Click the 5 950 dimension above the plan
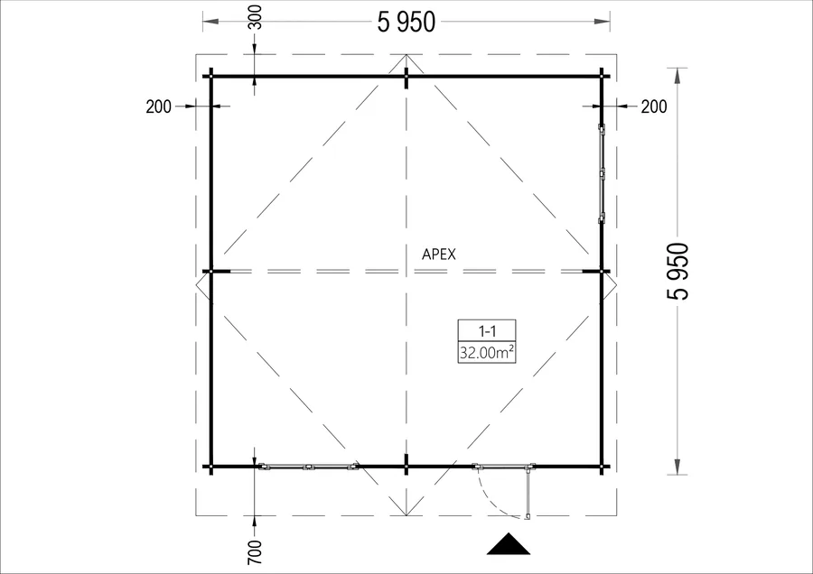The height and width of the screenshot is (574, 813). pos(406,23)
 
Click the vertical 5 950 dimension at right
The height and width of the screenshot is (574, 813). pos(678,271)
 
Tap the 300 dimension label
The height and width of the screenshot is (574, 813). pos(255,17)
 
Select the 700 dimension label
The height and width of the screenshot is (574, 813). pos(255,552)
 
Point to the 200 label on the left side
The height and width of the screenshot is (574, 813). pos(158,106)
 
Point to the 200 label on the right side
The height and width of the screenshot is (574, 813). pos(654,106)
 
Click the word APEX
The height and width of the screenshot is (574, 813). pos(439,255)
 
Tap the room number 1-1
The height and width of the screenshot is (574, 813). pos(487,330)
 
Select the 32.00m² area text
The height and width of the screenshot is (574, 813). pos(486,353)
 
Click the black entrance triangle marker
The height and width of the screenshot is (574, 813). pos(509,544)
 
